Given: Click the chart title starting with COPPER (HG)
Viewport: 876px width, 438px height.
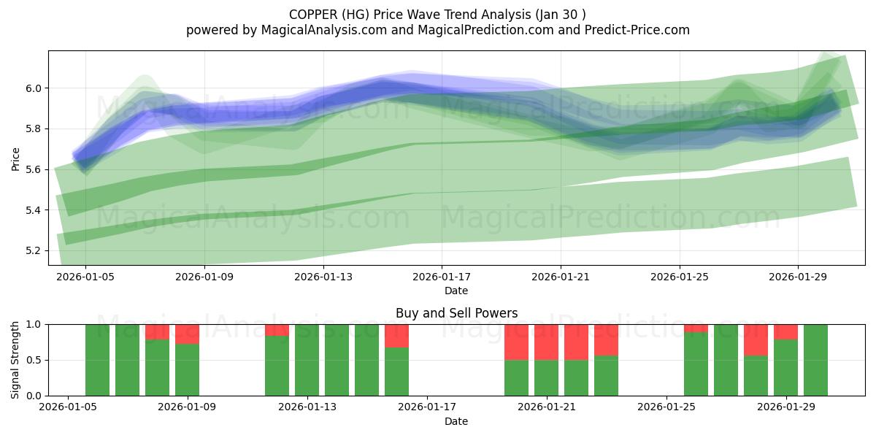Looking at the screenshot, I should tap(437, 14).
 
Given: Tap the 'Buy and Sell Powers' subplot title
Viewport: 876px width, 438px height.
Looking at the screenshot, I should tap(456, 313).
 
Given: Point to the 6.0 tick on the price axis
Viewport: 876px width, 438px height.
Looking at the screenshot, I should tap(34, 88).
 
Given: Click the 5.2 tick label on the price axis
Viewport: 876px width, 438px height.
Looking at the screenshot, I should tap(34, 251).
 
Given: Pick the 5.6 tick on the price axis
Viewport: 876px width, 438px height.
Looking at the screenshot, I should tap(34, 169).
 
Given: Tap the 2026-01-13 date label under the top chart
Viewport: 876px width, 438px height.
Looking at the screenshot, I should tap(323, 277).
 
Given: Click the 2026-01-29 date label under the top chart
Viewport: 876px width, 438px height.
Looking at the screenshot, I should tap(798, 277).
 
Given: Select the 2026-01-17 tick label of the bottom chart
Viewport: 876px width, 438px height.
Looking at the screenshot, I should tap(427, 407).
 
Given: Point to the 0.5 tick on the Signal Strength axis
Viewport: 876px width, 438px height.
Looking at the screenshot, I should tap(35, 360).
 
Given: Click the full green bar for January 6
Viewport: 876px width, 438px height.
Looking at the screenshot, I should tap(97, 360).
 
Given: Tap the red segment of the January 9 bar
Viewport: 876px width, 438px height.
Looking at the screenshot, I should tap(187, 334).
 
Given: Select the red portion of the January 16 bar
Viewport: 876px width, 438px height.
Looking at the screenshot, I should tap(396, 336).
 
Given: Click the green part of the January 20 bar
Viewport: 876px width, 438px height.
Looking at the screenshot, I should tap(516, 377).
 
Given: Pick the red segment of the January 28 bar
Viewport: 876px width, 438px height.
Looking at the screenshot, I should tap(756, 339).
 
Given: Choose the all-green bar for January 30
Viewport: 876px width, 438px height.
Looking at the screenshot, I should tap(815, 360).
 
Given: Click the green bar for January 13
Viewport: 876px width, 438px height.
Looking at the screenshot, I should tap(307, 360).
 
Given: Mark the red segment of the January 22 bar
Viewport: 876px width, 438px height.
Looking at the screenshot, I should tap(576, 342).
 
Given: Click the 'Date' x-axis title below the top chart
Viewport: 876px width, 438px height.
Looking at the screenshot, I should tap(456, 291).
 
